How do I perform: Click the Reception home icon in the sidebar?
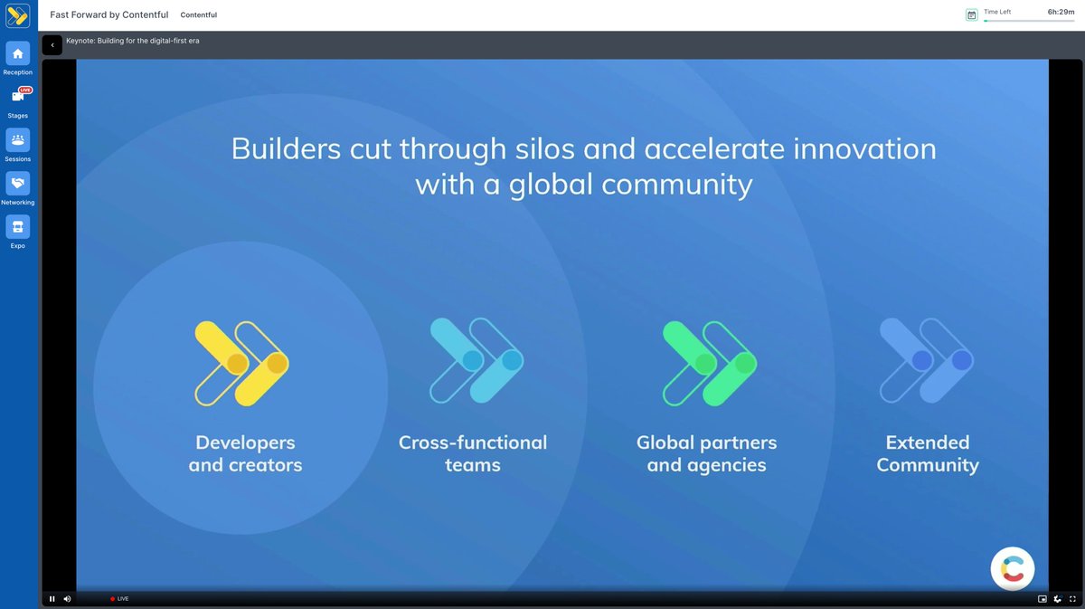18,53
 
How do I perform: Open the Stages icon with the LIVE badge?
18,96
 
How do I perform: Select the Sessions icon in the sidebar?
18,139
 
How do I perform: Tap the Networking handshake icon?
18,183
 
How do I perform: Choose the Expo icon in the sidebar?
18,226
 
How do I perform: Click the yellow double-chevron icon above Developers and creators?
241,363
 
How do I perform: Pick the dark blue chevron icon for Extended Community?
926,360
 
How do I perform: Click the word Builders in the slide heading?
286,148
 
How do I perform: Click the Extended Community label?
928,453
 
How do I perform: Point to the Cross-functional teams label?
473,453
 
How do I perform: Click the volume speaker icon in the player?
67,598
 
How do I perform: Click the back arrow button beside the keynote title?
52,45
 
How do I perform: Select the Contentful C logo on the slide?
1013,568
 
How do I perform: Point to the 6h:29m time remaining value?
1061,12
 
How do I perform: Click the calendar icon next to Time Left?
971,15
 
